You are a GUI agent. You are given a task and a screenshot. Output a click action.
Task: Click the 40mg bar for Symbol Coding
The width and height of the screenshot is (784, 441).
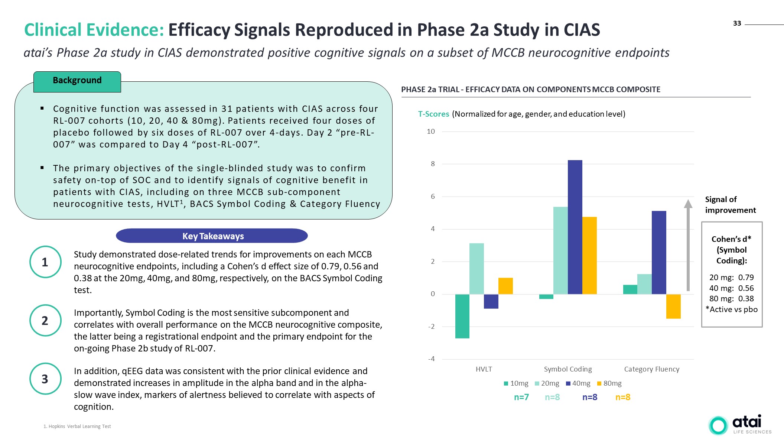point(575,227)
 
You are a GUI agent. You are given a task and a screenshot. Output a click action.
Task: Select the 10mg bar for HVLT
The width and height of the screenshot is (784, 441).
point(462,316)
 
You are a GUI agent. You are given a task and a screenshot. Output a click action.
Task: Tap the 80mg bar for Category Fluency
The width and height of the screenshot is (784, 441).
point(673,307)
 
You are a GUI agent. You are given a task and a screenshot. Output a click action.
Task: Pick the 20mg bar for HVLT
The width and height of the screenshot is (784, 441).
point(476,269)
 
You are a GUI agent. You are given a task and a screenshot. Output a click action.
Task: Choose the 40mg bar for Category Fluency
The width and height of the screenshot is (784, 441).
point(659,253)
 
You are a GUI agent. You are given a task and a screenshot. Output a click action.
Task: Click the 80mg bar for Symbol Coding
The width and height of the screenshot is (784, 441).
point(589,256)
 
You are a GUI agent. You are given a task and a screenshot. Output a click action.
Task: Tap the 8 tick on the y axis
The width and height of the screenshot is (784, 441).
point(433,164)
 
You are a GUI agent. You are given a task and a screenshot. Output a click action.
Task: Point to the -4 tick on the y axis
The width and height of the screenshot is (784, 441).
point(432,359)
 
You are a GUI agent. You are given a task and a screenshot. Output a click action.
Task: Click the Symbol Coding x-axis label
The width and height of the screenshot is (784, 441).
point(568,369)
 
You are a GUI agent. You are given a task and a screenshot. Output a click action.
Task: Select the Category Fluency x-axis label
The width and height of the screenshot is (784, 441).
point(652,369)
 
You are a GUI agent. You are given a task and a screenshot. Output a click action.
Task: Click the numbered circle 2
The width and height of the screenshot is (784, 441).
point(45,320)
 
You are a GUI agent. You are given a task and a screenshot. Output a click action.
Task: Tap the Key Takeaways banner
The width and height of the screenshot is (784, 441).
point(212,236)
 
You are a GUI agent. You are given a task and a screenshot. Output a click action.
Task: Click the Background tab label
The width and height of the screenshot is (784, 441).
point(77,81)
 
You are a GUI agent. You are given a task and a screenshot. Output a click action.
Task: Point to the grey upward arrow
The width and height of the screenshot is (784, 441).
point(688,245)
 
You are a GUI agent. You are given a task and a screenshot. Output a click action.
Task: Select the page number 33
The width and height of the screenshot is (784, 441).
point(737,23)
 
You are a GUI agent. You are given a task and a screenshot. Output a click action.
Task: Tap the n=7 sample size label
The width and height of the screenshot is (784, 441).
point(521,397)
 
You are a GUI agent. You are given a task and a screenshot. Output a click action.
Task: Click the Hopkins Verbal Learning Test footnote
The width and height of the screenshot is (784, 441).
point(77,427)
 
